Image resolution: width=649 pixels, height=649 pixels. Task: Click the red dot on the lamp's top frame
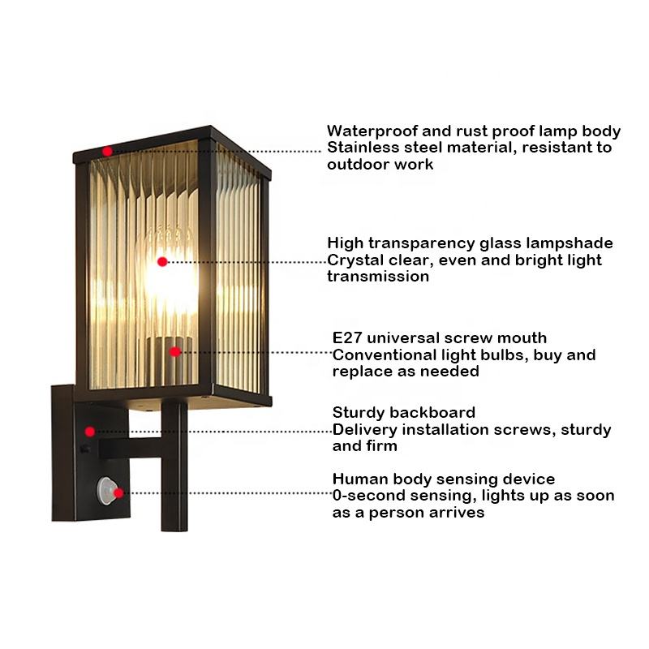[107, 151]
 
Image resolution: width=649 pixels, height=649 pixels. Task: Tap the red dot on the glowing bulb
[162, 261]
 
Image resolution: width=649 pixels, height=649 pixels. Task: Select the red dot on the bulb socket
[174, 351]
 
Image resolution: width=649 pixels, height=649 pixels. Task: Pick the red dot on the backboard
[90, 432]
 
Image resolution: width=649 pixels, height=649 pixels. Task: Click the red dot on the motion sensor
[118, 492]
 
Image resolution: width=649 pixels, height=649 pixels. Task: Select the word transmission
[377, 277]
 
